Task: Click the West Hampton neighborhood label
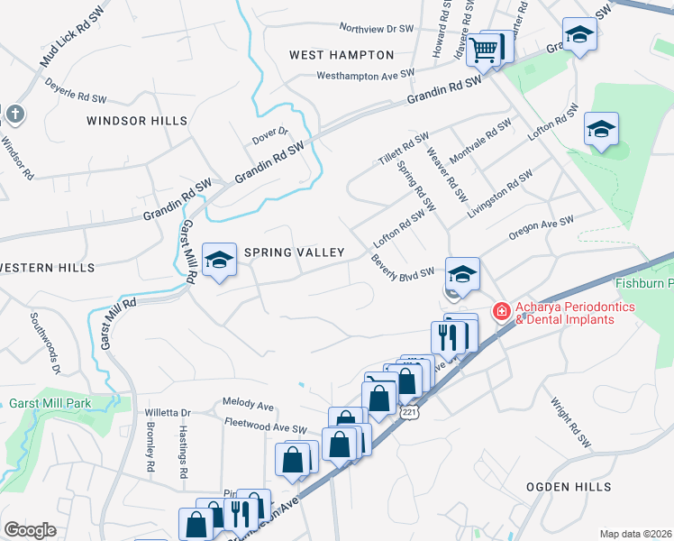342,55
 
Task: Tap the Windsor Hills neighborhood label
137,120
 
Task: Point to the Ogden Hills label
569,486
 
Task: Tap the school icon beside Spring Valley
217,261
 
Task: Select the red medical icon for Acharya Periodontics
499,312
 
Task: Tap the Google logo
30,529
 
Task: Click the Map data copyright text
635,534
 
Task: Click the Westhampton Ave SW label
366,74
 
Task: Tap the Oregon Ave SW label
541,228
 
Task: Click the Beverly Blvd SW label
403,267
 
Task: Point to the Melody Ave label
248,405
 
